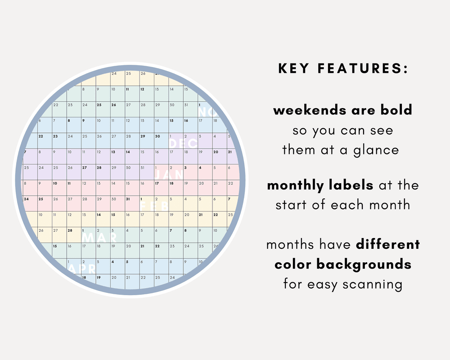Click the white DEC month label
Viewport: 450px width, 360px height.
pos(183,144)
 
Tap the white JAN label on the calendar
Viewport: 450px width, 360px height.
pos(169,175)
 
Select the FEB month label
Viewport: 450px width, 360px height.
pos(155,206)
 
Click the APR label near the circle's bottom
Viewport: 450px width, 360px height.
pos(81,269)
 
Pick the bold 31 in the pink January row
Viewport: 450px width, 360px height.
pos(128,199)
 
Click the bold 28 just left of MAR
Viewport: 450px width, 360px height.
pos(70,230)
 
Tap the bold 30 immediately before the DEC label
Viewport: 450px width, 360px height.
pos(157,136)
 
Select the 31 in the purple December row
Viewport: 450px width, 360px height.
pos(142,168)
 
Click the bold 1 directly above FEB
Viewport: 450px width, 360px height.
pos(142,199)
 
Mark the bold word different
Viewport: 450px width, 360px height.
pos(388,245)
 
